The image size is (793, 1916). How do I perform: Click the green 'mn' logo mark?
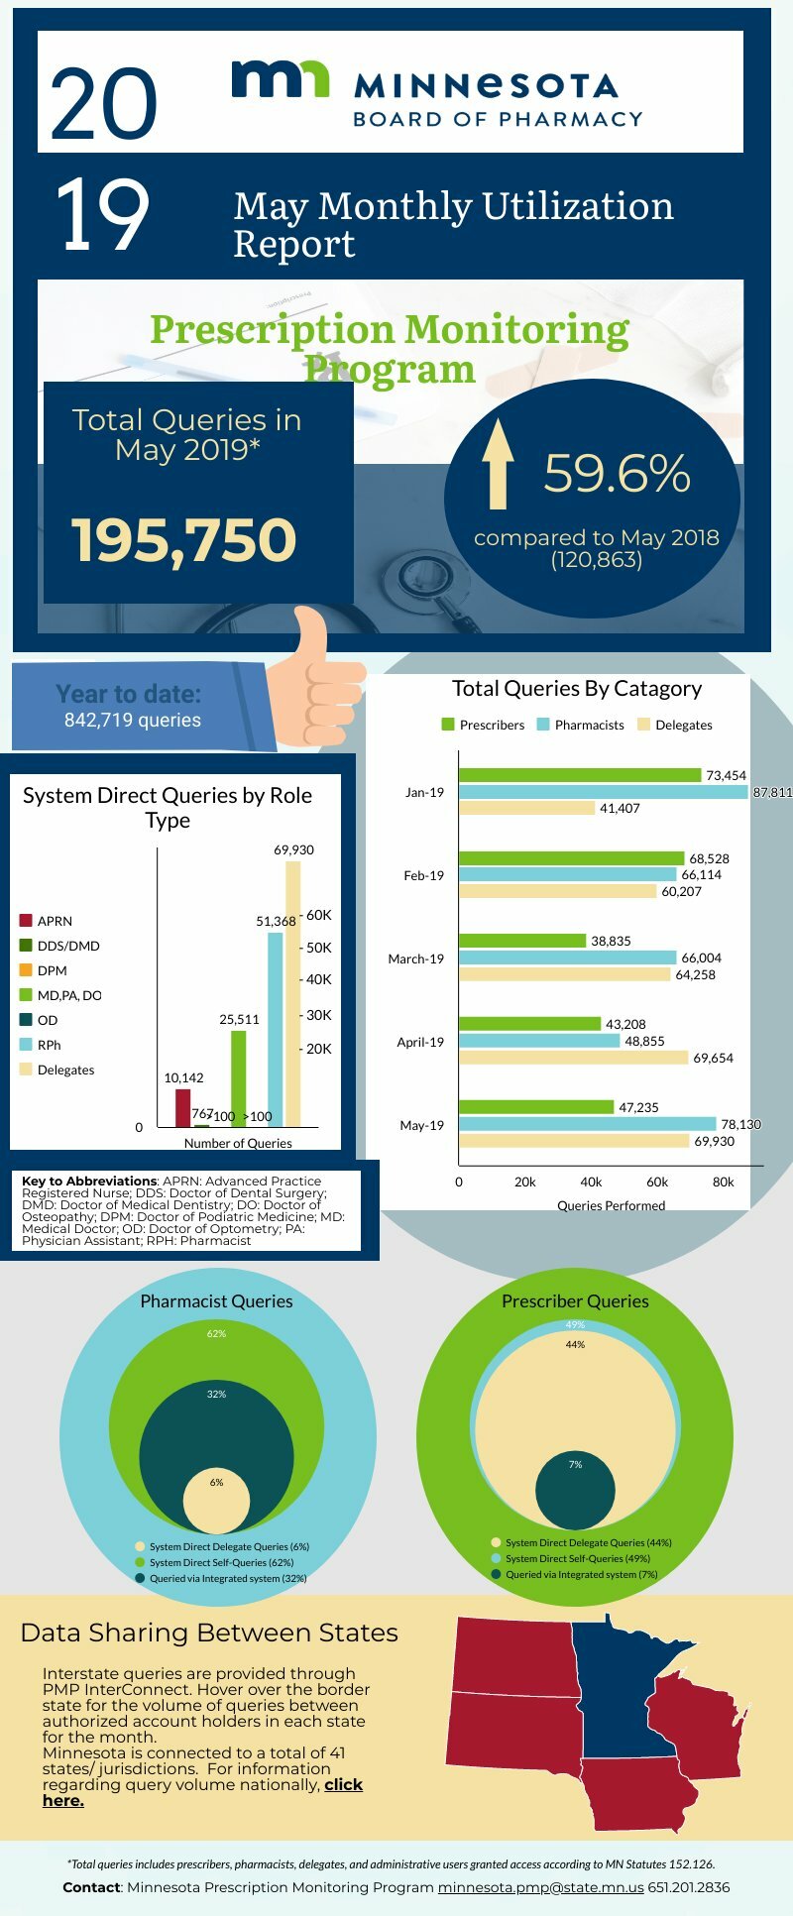coord(280,79)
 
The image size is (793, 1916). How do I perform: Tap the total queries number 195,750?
coord(184,540)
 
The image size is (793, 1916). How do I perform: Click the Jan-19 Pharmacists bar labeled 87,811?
coord(603,792)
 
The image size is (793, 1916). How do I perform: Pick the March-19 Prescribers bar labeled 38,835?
coord(521,941)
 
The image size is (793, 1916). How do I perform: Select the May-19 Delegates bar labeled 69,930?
coord(573,1141)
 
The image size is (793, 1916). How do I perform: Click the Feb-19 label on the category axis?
coord(423,875)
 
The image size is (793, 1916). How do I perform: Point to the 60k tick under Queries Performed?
coord(657,1182)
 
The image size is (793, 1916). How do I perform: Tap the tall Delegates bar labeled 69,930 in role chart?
coord(292,993)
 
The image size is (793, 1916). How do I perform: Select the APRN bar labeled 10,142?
coord(182,1108)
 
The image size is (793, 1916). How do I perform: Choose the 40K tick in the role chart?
coord(318,979)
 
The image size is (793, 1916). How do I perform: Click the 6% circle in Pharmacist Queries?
coord(216,1501)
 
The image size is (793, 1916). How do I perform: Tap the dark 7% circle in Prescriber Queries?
coord(575,1490)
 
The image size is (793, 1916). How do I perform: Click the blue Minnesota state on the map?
coord(615,1685)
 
